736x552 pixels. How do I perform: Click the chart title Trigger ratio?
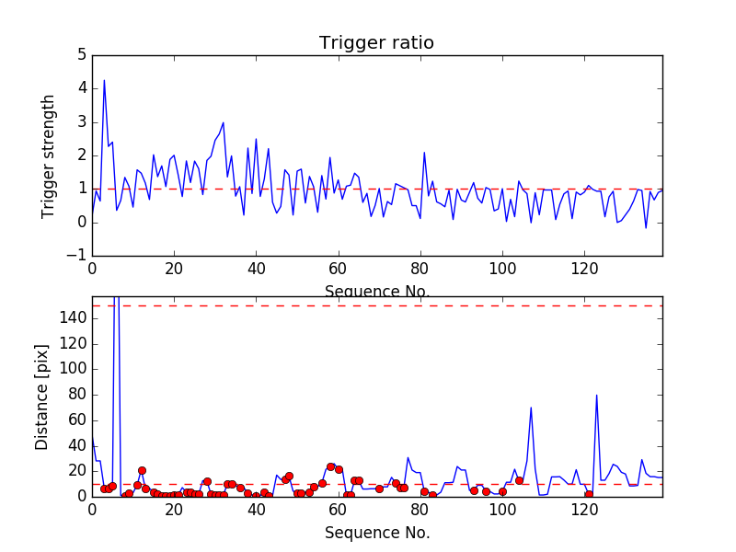point(376,43)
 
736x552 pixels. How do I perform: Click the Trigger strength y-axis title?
point(49,155)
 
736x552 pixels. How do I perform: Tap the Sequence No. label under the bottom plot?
point(377,533)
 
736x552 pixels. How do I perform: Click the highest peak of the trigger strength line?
point(104,80)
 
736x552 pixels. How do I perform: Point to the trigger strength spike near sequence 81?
point(424,153)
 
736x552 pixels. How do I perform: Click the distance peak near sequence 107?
point(531,408)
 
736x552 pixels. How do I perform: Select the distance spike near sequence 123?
point(597,396)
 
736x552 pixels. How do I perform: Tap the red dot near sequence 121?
point(589,494)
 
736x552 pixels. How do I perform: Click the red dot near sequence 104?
point(519,480)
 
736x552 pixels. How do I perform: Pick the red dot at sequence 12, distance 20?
point(142,470)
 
